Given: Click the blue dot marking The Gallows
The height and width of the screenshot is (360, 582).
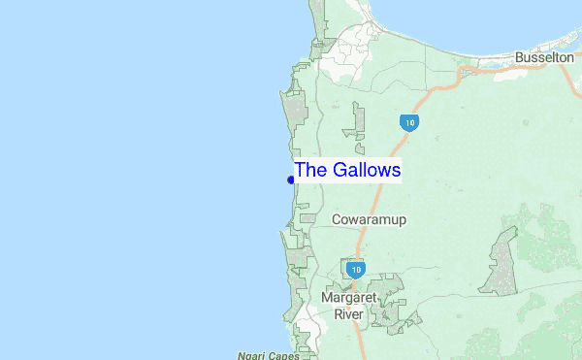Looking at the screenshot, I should pos(291,180).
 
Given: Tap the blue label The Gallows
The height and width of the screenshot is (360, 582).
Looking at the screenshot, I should pos(347,171).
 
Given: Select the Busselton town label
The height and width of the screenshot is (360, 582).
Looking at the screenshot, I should pos(545,58).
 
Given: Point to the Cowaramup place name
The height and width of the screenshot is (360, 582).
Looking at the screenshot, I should pos(369,220).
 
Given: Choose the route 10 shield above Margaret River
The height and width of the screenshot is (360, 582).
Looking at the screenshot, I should pos(356,268).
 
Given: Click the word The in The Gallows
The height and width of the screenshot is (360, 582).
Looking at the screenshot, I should pos(309,171).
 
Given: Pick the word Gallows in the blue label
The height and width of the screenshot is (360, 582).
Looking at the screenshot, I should pos(365,171).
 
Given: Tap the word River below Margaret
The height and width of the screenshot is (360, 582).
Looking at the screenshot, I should pos(349,314).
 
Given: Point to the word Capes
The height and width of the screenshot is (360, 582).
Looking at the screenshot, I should pos(283,355).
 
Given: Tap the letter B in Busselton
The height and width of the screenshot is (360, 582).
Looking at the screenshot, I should pos(520,58).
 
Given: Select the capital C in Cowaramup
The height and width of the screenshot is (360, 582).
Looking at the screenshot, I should pos(337,220).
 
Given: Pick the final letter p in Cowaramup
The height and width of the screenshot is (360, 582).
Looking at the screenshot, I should pos(402,222).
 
